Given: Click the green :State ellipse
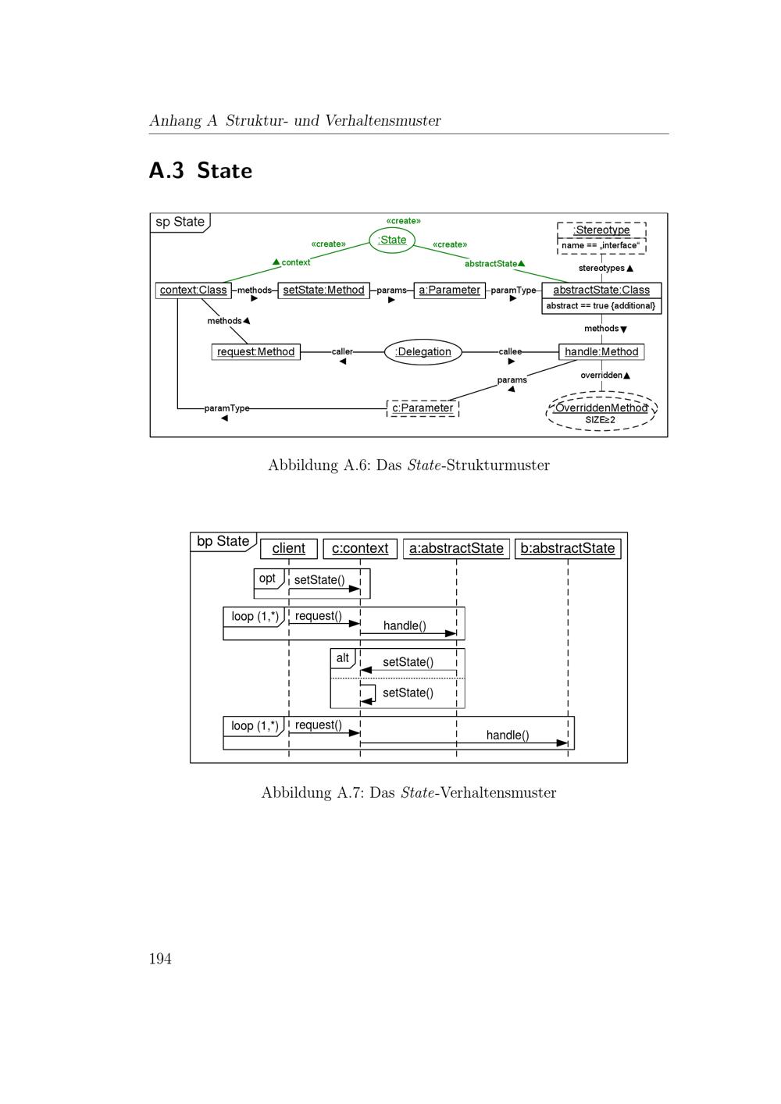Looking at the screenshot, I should [392, 240].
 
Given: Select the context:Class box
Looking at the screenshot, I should [193, 290].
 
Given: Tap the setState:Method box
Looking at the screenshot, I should [323, 290].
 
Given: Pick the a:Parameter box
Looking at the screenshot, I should [449, 290].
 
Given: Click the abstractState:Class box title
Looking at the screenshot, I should [601, 290].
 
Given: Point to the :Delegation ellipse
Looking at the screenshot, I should [423, 352].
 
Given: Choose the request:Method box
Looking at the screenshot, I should [255, 352].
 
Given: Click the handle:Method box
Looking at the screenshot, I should [601, 352].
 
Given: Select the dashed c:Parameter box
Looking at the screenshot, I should [423, 408].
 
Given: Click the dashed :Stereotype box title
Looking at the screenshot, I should [601, 230].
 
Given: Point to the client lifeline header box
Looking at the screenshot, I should [289, 549].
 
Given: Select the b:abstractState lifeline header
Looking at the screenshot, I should [568, 549].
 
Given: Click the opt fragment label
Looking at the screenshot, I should [267, 579].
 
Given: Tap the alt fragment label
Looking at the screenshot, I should [342, 658].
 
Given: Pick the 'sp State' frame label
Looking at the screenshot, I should [180, 222].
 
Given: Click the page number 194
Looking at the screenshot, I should [160, 959].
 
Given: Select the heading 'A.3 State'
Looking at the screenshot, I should [201, 170].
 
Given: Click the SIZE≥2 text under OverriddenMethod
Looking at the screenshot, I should [601, 420].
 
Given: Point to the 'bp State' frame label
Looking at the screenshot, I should [223, 542].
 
